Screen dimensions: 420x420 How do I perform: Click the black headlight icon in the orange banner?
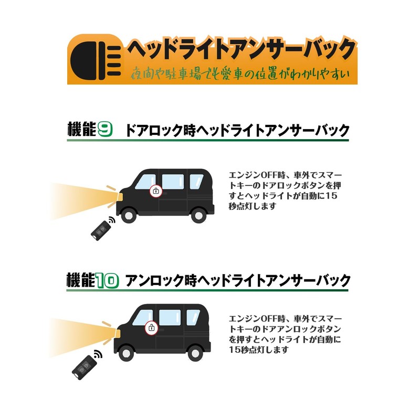96,61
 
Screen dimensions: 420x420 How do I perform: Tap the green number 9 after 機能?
104,129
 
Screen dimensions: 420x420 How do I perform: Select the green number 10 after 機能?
107,280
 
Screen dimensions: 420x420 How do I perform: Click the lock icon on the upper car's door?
156,191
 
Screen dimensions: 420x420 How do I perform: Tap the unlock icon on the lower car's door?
152,328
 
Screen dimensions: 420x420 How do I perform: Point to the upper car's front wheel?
129,215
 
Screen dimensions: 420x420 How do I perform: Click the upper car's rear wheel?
199,215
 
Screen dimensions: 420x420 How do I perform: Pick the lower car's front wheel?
127,353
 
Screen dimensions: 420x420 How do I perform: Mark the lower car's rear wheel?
195,353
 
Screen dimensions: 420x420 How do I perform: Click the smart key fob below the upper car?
101,230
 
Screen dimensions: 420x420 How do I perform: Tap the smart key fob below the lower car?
84,367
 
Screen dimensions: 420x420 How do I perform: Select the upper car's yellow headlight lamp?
120,197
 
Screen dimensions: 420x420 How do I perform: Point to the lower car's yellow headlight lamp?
117,334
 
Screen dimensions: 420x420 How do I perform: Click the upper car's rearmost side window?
196,181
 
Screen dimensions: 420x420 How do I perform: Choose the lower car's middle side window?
170,318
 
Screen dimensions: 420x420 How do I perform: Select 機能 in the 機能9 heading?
82,129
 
